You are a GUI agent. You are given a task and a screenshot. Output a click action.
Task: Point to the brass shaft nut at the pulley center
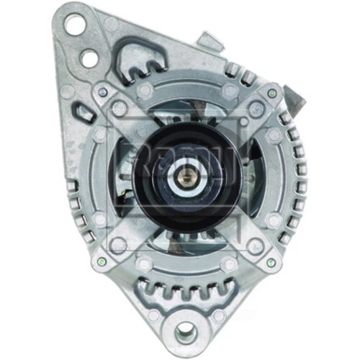183,173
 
